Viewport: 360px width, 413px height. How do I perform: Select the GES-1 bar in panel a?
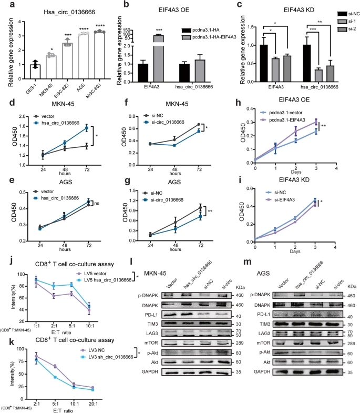[x=36, y=73]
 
